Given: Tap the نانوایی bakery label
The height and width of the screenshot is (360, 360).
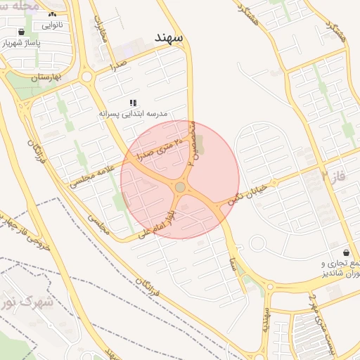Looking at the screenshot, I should pyautogui.click(x=51, y=26).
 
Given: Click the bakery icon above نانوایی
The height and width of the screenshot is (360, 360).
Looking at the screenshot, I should pyautogui.click(x=51, y=14).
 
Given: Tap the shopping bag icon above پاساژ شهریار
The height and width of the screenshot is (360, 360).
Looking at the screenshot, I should pyautogui.click(x=22, y=32).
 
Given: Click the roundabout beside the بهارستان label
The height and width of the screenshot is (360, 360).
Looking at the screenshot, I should pyautogui.click(x=87, y=77).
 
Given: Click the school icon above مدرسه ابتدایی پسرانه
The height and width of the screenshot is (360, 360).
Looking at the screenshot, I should pyautogui.click(x=133, y=103).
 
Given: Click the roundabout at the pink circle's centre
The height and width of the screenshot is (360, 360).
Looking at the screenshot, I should pyautogui.click(x=181, y=187).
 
